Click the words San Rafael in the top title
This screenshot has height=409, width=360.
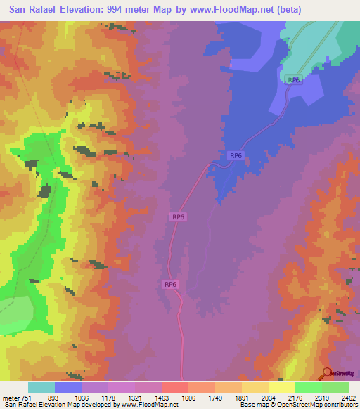[x=37, y=10]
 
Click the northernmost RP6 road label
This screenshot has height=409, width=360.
[x=294, y=80]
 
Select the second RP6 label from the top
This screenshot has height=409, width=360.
[x=236, y=156]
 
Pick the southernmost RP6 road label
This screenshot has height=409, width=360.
[x=170, y=284]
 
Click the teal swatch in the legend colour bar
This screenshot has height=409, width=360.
[x=41, y=387]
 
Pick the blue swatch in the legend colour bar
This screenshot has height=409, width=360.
[x=67, y=387]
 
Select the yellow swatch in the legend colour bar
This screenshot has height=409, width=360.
[x=282, y=387]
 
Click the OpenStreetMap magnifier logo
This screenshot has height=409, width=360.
[x=326, y=373]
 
